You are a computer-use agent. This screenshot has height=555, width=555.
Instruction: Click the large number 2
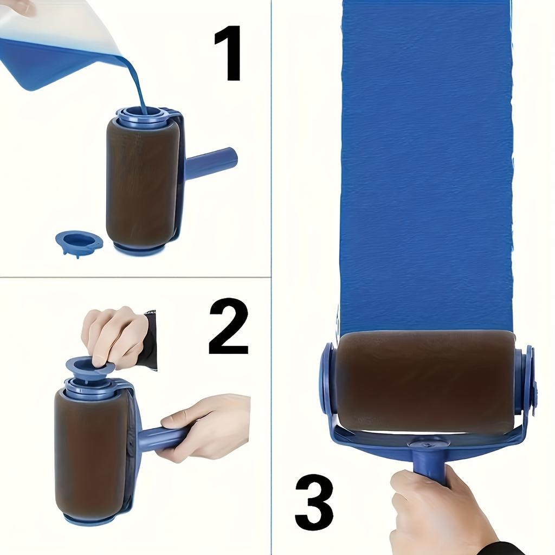[x=228, y=326]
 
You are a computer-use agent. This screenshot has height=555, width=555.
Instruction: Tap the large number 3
[x=314, y=502]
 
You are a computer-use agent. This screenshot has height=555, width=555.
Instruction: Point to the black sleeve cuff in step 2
[x=150, y=339]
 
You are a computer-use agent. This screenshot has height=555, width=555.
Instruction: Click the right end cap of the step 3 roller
[x=525, y=379]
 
